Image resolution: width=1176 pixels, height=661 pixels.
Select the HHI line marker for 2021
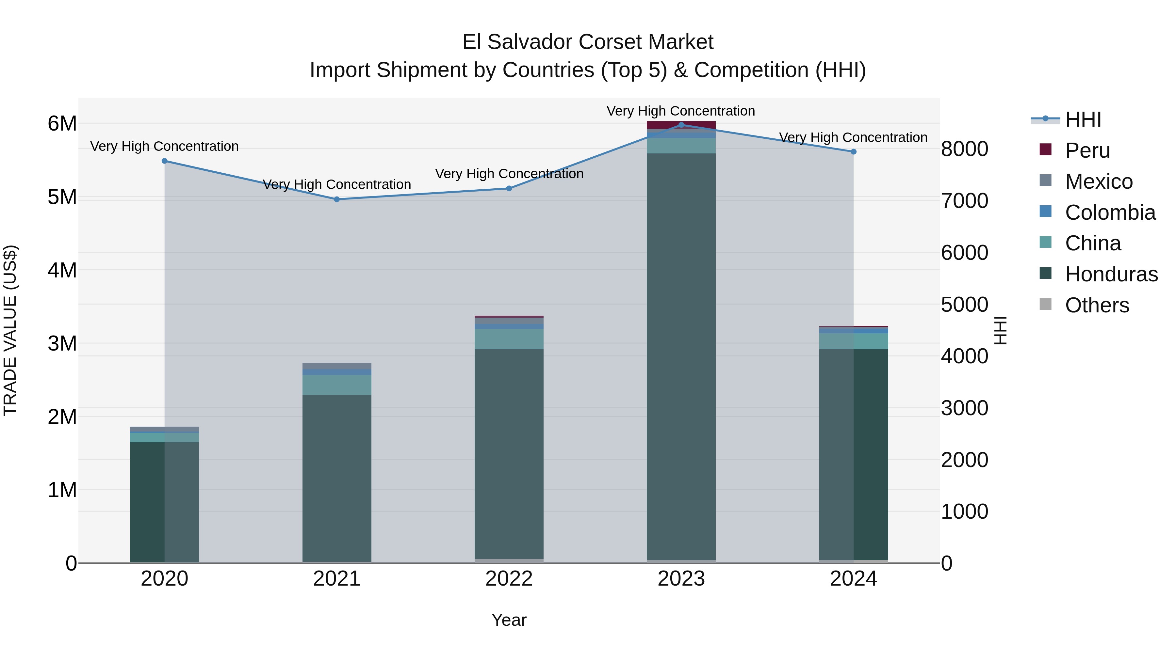[337, 199]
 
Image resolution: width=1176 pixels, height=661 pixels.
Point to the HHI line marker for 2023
[681, 125]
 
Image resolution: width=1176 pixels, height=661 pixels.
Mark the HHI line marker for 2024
[853, 152]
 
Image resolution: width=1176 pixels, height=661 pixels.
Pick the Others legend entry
[1097, 305]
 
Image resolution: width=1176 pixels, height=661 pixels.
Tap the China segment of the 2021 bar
[337, 385]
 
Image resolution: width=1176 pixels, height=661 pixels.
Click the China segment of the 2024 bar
[853, 341]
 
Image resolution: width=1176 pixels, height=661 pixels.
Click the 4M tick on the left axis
[62, 270]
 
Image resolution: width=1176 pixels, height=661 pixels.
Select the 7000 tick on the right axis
[964, 201]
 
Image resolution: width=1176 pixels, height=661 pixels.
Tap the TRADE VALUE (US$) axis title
[10, 330]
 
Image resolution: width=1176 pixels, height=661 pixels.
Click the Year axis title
[509, 620]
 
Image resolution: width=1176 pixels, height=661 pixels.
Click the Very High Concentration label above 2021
[337, 184]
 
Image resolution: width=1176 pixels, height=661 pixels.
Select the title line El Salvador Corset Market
[588, 42]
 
